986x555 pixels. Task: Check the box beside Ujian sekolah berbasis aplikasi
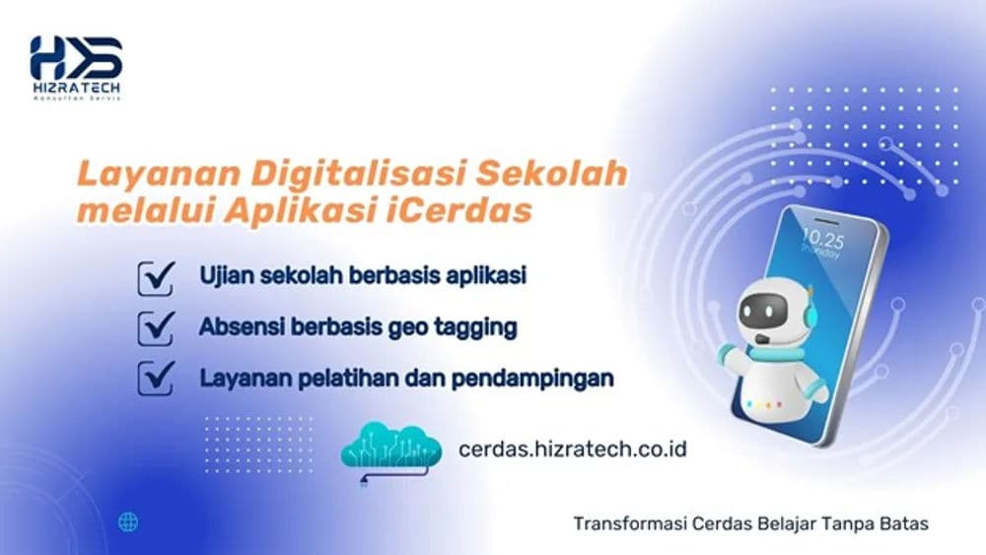pyautogui.click(x=156, y=278)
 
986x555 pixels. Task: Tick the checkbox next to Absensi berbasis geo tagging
pyautogui.click(x=156, y=327)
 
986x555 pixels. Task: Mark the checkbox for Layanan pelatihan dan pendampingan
pyautogui.click(x=156, y=378)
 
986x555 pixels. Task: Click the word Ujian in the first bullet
pyautogui.click(x=223, y=275)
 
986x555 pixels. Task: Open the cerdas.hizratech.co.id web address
pyautogui.click(x=573, y=449)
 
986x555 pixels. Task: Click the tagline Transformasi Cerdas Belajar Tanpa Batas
pyautogui.click(x=750, y=523)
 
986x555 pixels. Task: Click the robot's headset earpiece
pyautogui.click(x=810, y=314)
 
